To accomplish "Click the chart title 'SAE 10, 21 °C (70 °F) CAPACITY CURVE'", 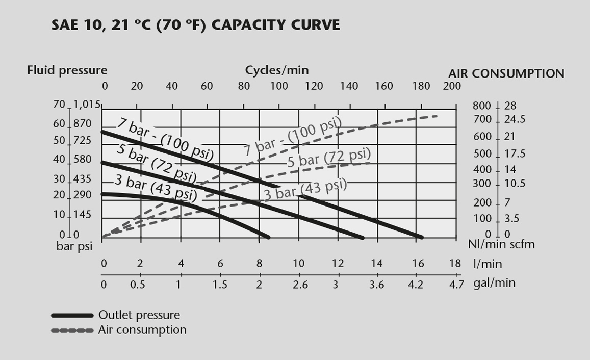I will pos(196,24).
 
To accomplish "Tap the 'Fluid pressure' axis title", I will pos(67,70).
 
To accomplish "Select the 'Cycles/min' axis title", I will pos(277,70).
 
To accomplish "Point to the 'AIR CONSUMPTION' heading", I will pos(506,73).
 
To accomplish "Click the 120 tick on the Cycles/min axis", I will pos(314,86).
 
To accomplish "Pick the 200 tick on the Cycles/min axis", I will pos(452,86).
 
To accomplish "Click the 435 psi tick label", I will pos(82,179).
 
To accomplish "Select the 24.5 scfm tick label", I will pos(515,120).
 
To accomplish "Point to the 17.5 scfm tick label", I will pos(515,154).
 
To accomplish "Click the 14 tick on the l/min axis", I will pos(376,263).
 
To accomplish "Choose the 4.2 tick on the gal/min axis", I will pos(416,284).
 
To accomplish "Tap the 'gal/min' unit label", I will pos(494,283).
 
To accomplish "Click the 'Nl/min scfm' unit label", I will pos(501,244).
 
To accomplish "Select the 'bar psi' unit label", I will pos(74,247).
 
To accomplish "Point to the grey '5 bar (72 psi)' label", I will pos(328,158).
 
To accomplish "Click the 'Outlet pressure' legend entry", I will pos(139,315).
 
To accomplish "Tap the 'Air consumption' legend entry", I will pos(142,330).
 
